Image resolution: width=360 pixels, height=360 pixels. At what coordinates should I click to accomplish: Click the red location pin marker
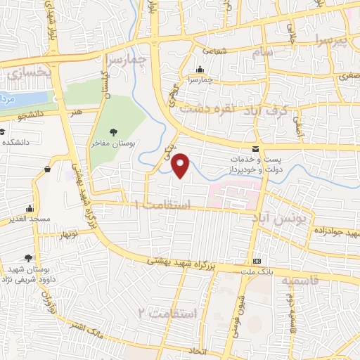pyautogui.click(x=181, y=165)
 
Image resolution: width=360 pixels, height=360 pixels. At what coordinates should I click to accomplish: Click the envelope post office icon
pyautogui.click(x=255, y=148)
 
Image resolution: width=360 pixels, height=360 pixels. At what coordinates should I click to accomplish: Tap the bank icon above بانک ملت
pyautogui.click(x=257, y=259)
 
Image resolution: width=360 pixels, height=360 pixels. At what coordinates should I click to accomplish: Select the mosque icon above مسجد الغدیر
pyautogui.click(x=30, y=208)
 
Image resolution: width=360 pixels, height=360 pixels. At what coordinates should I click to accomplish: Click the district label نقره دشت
pyautogui.click(x=206, y=109)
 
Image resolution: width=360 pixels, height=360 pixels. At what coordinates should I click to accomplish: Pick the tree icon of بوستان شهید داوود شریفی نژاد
pyautogui.click(x=28, y=259)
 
